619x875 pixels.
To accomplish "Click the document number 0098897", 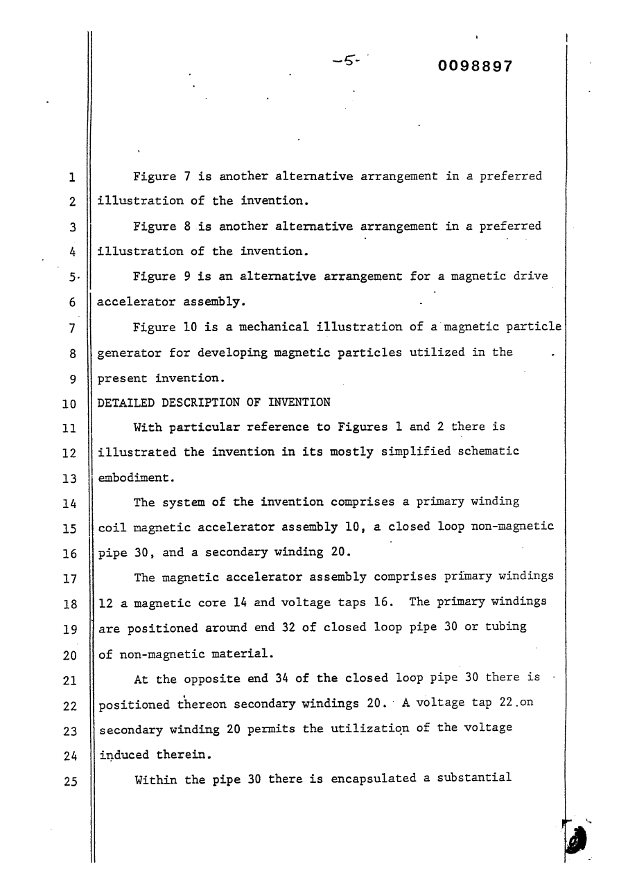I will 476,67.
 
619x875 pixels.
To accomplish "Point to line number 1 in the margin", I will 72,177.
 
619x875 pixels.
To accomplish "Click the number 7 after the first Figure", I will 187,176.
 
